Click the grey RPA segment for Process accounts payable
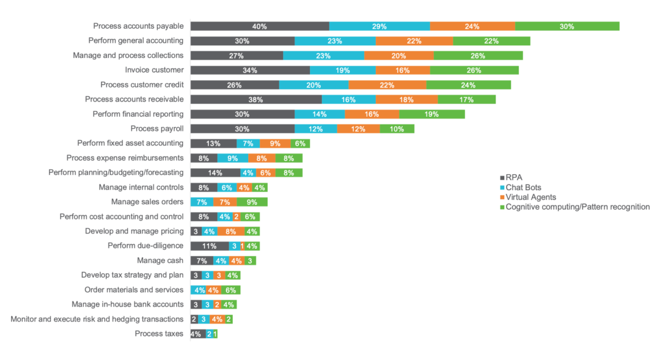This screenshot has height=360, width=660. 260,26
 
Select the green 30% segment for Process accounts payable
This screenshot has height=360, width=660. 567,26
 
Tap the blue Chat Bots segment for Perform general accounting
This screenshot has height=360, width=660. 335,41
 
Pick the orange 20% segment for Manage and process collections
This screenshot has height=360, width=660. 398,56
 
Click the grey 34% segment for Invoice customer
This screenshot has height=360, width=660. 250,70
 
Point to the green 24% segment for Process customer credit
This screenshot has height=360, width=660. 468,85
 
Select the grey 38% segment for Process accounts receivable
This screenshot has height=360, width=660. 256,100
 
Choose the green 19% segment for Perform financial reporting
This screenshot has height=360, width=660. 432,114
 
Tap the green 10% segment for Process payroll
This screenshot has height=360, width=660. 397,129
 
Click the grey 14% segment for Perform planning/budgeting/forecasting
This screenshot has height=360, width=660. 215,173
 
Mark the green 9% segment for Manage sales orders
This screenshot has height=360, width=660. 252,202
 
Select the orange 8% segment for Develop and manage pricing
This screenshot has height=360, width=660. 230,232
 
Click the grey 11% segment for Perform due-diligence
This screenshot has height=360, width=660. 210,246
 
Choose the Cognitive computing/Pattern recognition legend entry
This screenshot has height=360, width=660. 574,207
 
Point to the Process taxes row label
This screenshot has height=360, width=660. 159,334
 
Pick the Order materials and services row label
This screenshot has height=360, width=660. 133,290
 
